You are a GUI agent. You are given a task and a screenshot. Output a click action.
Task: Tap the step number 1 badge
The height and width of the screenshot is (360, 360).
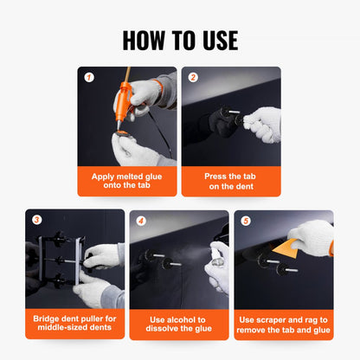click(x=88, y=77)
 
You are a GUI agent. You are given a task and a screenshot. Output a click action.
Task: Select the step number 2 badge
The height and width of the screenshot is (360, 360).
click(x=193, y=77)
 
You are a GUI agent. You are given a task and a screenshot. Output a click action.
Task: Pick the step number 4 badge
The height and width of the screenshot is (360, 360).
click(x=141, y=220)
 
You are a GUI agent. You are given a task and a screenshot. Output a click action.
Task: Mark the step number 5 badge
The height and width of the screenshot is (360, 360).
click(x=245, y=220)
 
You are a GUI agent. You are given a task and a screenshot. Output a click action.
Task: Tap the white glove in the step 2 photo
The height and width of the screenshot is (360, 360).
click(x=261, y=123)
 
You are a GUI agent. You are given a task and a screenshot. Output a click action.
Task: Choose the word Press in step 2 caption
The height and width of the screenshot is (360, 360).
click(x=217, y=176)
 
